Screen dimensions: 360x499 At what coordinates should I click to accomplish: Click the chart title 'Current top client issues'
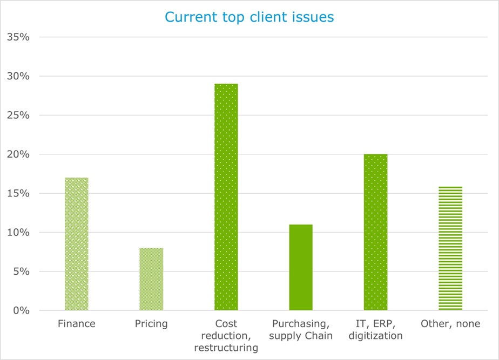point(249,17)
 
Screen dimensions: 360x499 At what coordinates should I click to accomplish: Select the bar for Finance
point(76,244)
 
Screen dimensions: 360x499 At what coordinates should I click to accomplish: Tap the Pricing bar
point(151,279)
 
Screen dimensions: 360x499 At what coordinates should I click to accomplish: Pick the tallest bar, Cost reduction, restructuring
point(226,197)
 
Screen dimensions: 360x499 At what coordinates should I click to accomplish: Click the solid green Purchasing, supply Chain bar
point(301,267)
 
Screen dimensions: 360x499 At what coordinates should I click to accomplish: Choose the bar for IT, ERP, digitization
point(375,232)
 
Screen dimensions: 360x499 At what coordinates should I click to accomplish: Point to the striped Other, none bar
point(450,248)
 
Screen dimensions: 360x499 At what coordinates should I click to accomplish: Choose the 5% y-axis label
point(20,271)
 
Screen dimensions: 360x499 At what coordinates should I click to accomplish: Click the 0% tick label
point(20,311)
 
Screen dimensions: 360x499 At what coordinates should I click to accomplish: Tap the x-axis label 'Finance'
point(76,324)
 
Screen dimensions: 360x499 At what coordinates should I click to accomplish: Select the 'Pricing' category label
point(151,324)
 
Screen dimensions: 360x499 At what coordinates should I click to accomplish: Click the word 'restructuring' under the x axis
point(226,348)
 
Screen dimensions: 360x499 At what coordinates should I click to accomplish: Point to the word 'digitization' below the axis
point(375,336)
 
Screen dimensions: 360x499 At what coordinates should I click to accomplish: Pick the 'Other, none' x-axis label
point(450,324)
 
